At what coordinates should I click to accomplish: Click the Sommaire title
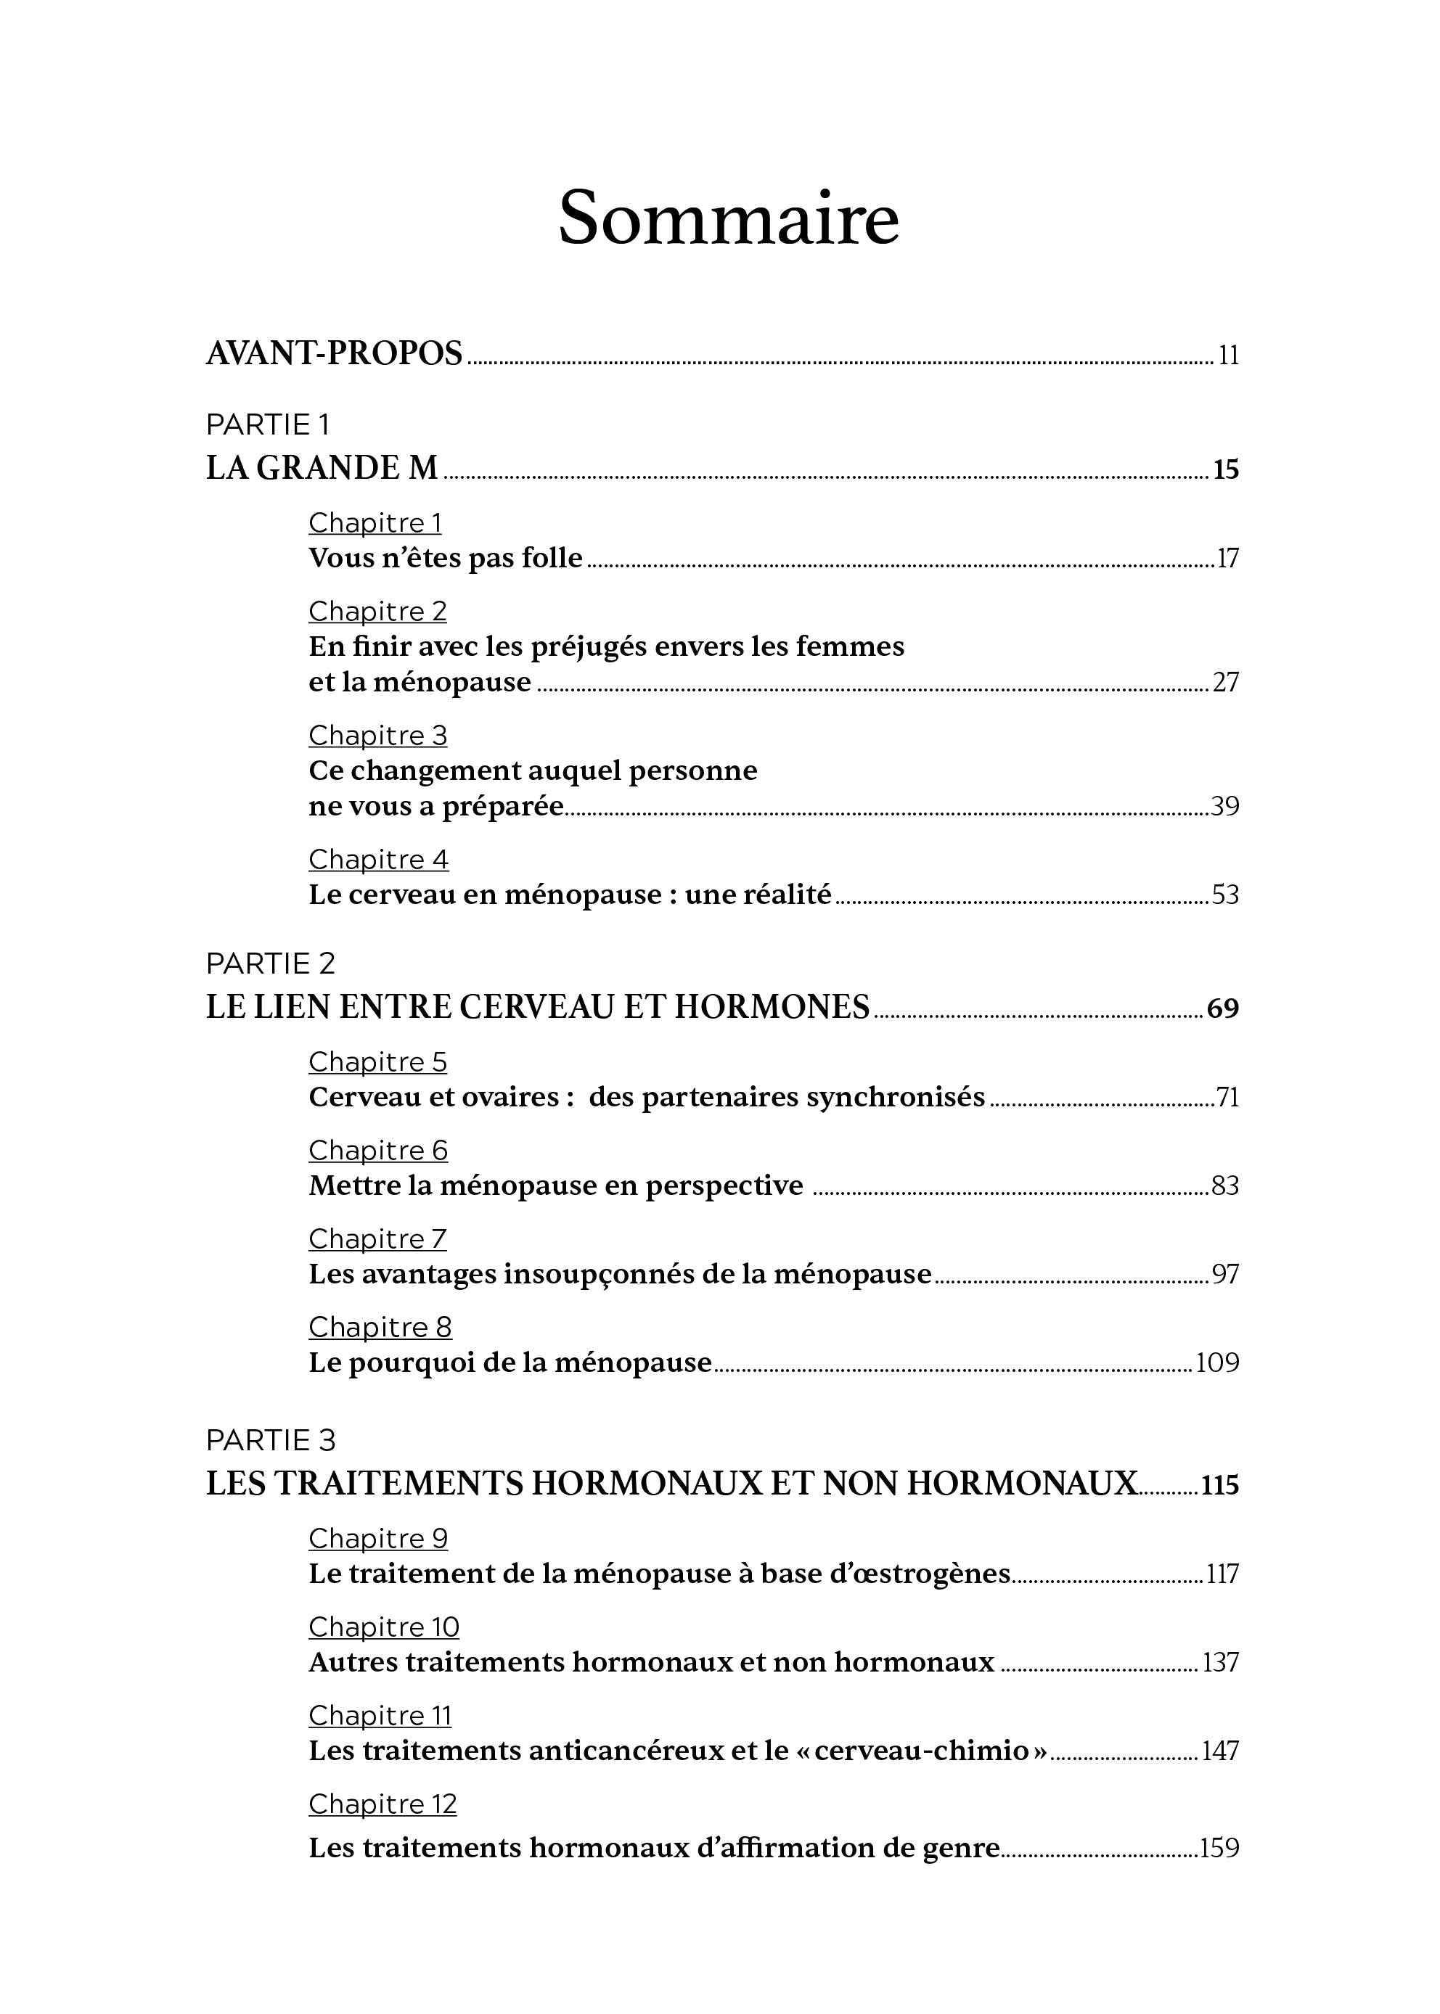[728, 218]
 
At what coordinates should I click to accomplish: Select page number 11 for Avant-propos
[1228, 355]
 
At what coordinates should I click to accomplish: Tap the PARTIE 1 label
[267, 425]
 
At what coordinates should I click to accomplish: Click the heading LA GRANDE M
[322, 468]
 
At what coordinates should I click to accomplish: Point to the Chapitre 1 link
[375, 523]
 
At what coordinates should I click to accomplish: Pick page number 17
[1227, 559]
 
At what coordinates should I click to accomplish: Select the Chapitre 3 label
[377, 736]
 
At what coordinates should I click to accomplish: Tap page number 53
[1224, 895]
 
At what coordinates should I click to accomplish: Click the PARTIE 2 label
[271, 963]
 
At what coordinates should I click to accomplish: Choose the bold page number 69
[1223, 1008]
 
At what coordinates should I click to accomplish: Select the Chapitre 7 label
[377, 1239]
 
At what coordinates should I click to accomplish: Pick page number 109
[1217, 1362]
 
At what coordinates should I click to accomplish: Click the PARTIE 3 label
[271, 1440]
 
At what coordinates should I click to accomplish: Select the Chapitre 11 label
[380, 1716]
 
